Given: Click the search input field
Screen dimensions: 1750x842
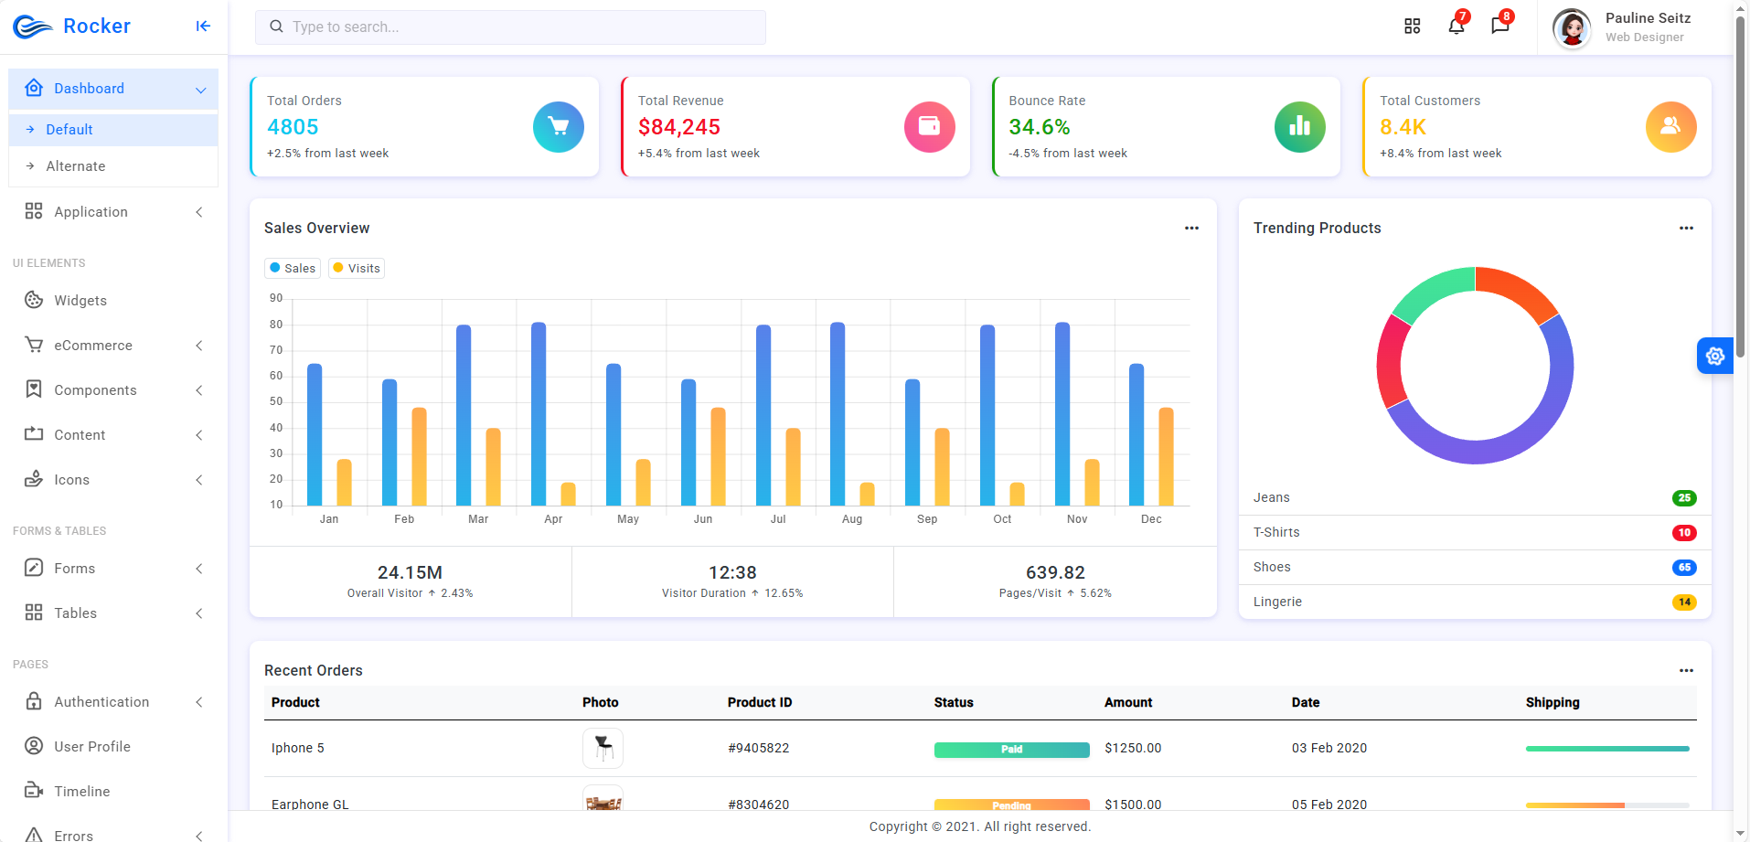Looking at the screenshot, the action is (510, 27).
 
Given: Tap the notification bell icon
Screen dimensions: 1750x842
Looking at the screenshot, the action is (1457, 27).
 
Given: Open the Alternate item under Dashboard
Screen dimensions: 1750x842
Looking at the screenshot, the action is (76, 166).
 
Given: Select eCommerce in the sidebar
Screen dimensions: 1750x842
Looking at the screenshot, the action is (93, 346).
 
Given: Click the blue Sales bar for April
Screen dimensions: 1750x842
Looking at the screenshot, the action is (539, 414).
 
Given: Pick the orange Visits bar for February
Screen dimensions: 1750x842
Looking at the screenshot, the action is (419, 456).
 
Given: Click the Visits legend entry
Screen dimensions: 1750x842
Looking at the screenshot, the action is (357, 268).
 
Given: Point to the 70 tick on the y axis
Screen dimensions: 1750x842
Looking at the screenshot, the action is (276, 350).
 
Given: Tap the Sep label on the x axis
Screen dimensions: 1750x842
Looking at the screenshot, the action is (927, 519).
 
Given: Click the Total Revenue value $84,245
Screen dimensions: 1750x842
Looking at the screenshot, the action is (679, 127).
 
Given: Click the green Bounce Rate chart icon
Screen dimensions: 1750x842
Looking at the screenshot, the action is (1300, 127).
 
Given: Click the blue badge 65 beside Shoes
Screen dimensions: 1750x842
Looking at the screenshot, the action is (1684, 568).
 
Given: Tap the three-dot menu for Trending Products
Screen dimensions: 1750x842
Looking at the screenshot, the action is (1686, 228).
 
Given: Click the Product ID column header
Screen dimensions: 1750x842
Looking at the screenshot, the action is (760, 702).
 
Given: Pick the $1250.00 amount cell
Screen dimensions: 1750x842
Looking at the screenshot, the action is (1133, 748).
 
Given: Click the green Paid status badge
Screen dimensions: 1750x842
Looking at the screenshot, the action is (1011, 750).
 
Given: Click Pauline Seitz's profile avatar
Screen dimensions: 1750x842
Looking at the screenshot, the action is (1572, 28).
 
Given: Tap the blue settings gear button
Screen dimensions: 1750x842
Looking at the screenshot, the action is (1715, 356).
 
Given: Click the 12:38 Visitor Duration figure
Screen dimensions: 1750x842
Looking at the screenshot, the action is (732, 572).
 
